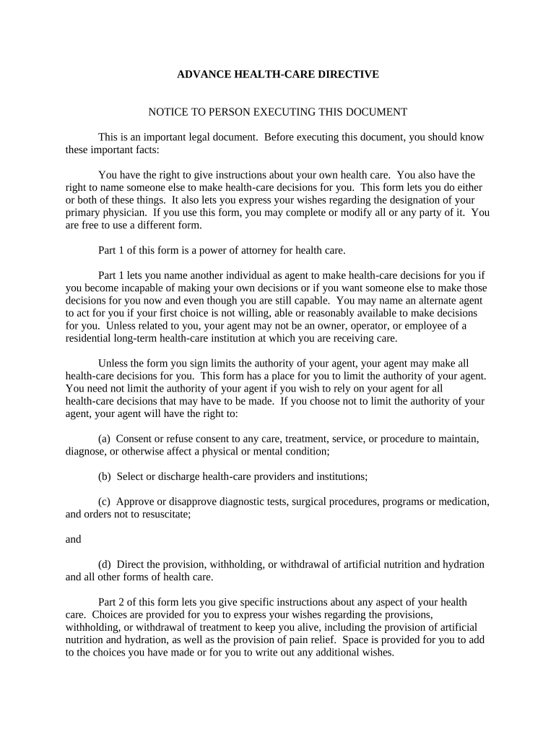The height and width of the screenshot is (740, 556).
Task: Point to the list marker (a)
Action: click(105, 439)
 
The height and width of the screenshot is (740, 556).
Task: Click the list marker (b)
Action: click(105, 476)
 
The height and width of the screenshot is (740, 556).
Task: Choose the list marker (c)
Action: click(105, 502)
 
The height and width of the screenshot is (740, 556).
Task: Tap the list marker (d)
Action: click(105, 564)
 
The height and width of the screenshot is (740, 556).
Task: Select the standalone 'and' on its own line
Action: click(73, 539)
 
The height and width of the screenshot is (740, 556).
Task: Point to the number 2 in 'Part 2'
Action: click(119, 602)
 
